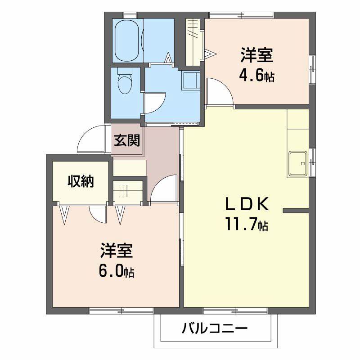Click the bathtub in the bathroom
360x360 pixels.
(x=127, y=40)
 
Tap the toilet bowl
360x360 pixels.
(x=125, y=84)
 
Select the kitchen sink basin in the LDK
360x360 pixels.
(x=298, y=164)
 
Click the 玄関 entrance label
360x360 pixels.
(x=127, y=140)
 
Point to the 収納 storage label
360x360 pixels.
(x=81, y=182)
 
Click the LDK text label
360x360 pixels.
(x=247, y=204)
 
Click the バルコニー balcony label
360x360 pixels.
(x=215, y=328)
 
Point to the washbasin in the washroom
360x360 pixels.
(x=190, y=80)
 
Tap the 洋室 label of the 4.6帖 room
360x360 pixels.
(x=257, y=55)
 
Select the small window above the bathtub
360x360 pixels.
(x=130, y=15)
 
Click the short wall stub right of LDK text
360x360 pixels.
(x=296, y=210)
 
